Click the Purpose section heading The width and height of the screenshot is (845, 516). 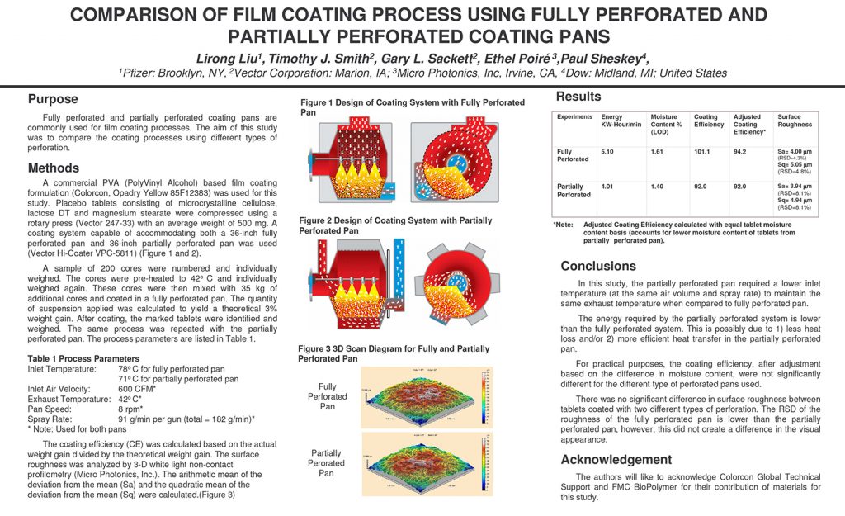point(53,99)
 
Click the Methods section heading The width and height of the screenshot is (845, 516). point(54,168)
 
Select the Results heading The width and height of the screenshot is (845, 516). point(578,97)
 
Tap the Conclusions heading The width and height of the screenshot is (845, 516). point(598,266)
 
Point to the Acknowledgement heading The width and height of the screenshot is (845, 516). point(616,459)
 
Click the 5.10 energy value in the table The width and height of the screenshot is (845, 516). point(607,152)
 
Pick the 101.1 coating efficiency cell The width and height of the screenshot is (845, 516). point(702,152)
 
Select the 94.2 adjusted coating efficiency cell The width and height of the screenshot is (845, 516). point(740,152)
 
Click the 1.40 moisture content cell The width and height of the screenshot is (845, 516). point(657,187)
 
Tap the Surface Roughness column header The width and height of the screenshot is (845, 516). point(795,121)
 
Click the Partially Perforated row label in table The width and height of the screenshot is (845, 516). point(574,191)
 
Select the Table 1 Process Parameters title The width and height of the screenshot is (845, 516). point(83,359)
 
